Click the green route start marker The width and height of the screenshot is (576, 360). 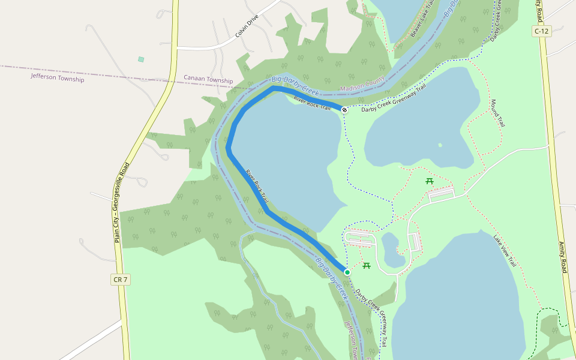(x=347, y=272)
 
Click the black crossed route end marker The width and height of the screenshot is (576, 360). (x=344, y=110)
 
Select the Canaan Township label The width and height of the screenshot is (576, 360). (x=208, y=80)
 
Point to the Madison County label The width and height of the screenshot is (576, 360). (x=362, y=85)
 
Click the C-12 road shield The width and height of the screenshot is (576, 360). (x=541, y=31)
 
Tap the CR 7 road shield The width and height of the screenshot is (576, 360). (x=121, y=280)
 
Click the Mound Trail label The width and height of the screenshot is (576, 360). (x=497, y=113)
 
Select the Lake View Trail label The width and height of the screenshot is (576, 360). (x=505, y=251)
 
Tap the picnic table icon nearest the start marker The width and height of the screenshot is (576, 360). (x=367, y=266)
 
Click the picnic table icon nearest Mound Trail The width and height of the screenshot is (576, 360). (x=430, y=181)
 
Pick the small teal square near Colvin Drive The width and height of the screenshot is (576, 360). (x=141, y=59)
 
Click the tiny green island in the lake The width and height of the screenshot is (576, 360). (x=440, y=145)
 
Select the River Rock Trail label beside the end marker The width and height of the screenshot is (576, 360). (x=313, y=103)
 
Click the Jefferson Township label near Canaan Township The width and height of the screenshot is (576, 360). (x=58, y=78)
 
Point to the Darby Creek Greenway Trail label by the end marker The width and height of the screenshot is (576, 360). (x=394, y=98)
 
